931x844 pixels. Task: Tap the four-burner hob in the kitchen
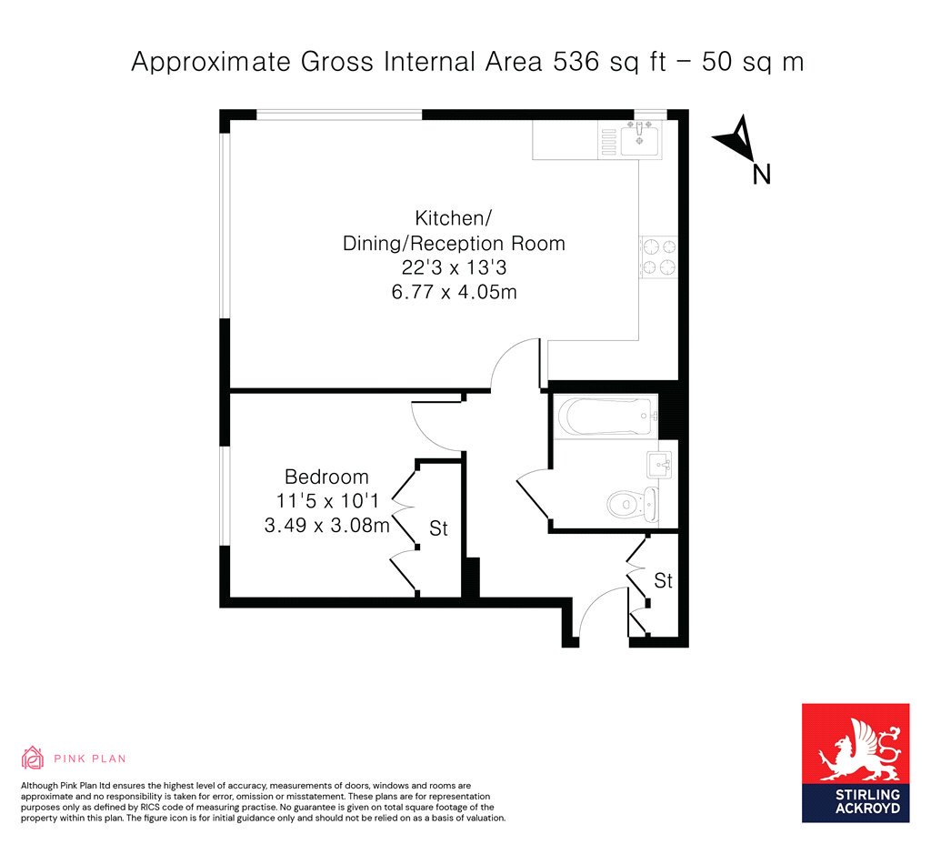click(x=658, y=257)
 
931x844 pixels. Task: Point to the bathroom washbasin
click(x=659, y=465)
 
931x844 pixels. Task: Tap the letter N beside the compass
click(x=761, y=175)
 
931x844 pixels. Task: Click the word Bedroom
click(x=326, y=477)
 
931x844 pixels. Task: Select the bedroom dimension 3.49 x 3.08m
click(x=326, y=525)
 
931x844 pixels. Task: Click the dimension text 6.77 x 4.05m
click(x=454, y=292)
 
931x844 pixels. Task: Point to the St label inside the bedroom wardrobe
click(x=438, y=528)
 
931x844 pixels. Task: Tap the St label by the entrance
click(x=663, y=580)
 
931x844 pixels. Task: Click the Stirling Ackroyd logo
click(x=856, y=763)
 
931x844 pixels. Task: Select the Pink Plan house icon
click(x=33, y=758)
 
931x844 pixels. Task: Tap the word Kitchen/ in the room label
click(x=453, y=218)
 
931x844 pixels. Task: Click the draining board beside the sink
click(x=609, y=143)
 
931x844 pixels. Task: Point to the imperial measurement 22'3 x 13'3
click(x=454, y=267)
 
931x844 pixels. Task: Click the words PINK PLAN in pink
click(x=90, y=759)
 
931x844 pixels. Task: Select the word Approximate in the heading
click(x=211, y=62)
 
